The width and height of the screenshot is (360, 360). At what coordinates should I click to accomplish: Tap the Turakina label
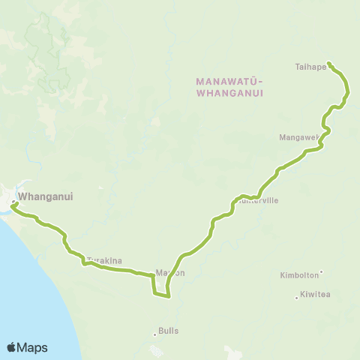coord(104,261)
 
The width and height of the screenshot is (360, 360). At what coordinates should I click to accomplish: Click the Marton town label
coord(169,273)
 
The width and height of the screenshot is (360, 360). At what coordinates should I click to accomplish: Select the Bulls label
coord(169,331)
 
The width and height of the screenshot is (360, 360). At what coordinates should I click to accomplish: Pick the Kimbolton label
coord(298,275)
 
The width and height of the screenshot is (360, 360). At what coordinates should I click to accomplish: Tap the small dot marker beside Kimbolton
coord(322,272)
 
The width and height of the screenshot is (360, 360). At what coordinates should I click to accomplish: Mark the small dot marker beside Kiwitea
coord(297,297)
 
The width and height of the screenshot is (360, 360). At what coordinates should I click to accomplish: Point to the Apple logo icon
coord(12,347)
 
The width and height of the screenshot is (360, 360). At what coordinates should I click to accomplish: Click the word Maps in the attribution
coord(33,347)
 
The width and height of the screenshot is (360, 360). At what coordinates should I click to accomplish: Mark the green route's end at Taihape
coord(330,63)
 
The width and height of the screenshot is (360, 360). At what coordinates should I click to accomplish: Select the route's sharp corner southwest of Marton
coord(154,293)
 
